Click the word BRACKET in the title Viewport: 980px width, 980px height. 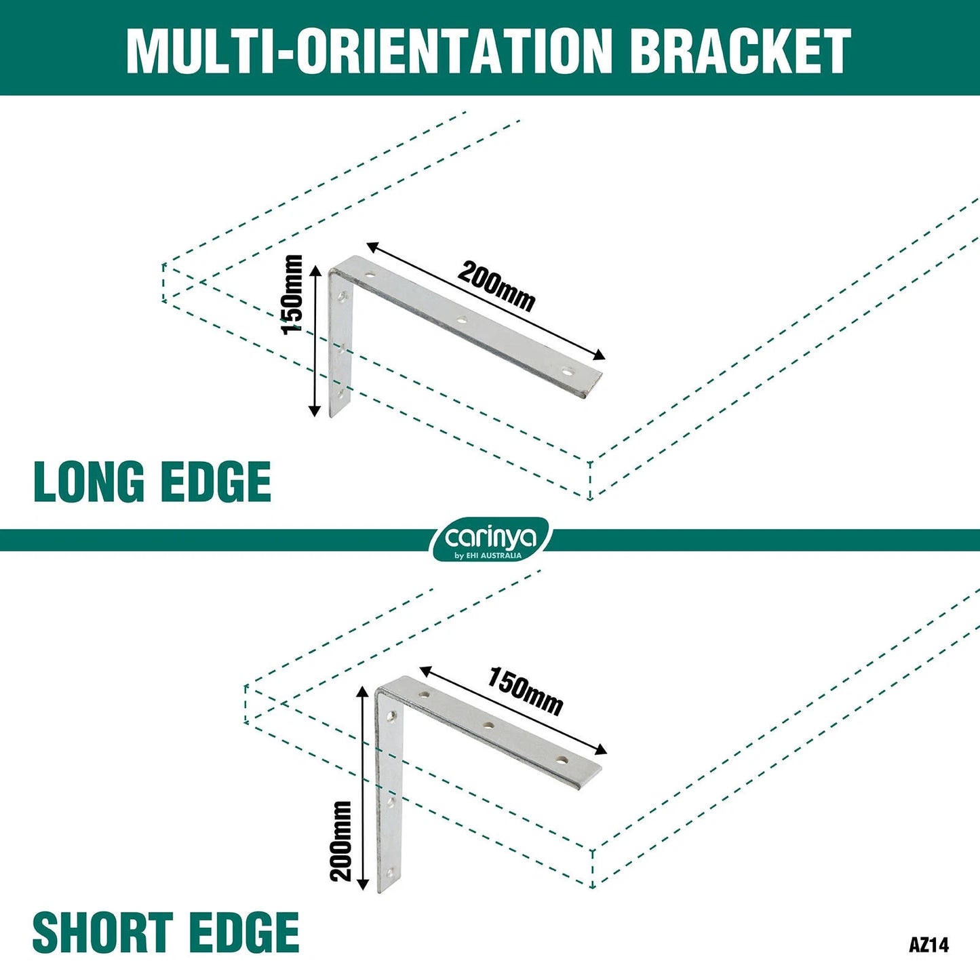click(743, 51)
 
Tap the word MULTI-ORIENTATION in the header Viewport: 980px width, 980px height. click(369, 51)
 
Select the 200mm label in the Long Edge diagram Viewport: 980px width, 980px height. click(496, 286)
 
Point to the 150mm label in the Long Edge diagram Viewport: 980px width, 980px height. click(292, 294)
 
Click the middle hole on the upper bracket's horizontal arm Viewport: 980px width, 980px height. click(462, 319)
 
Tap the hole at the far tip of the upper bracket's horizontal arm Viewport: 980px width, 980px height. click(568, 372)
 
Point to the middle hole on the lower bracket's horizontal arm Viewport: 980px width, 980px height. click(488, 726)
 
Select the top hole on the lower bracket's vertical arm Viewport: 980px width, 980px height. click(391, 717)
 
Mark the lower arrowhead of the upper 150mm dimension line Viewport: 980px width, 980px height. click(315, 410)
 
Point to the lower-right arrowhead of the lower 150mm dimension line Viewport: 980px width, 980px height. click(601, 749)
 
